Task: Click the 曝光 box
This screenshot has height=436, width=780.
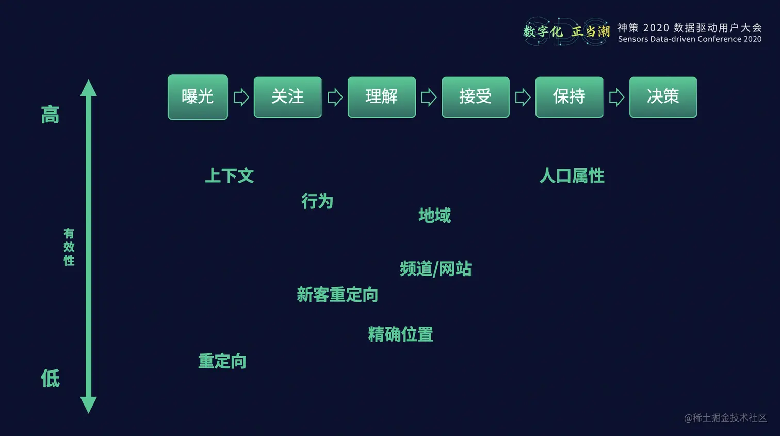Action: click(198, 97)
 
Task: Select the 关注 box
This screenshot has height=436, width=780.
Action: click(287, 97)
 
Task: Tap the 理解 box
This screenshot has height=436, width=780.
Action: click(381, 97)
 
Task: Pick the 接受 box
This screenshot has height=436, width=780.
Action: click(475, 97)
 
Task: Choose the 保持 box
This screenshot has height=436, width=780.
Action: click(569, 97)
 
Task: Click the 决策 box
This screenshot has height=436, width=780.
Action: click(663, 97)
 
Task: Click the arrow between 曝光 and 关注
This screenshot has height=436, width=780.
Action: click(241, 97)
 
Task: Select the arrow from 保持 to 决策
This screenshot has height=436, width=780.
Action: click(616, 97)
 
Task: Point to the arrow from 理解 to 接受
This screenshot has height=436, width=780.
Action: click(429, 97)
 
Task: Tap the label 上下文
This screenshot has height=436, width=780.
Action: click(230, 175)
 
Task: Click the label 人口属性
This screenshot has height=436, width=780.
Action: click(572, 175)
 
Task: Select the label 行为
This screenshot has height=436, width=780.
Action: click(317, 201)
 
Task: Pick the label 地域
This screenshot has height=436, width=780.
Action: click(434, 215)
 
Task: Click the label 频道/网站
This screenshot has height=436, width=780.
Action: click(435, 269)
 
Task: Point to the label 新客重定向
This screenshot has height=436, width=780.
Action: click(337, 295)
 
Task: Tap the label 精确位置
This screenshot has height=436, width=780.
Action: click(400, 334)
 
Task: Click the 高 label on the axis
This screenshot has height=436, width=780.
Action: click(50, 115)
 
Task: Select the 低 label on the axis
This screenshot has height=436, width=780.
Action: click(50, 378)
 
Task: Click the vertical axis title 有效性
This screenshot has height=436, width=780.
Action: click(69, 247)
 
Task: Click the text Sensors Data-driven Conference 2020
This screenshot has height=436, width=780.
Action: click(689, 39)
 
